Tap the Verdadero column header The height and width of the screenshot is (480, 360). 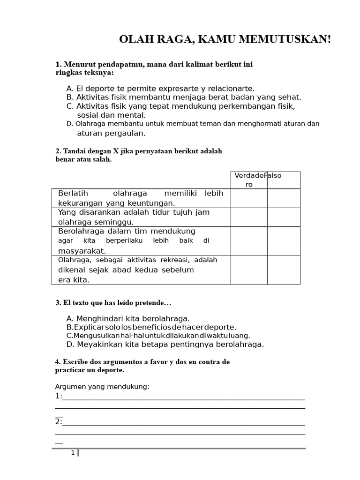pos(249,180)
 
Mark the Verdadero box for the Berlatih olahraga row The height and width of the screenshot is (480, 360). pos(249,198)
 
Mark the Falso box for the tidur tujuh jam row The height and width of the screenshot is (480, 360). pos(284,217)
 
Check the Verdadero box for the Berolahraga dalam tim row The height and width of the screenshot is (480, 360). pos(249,241)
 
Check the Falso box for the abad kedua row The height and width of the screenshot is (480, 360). pos(284,270)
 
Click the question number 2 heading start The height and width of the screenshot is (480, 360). pos(58,151)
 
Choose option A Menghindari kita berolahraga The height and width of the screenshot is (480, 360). pos(128,318)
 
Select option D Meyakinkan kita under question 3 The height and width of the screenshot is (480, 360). pos(165,344)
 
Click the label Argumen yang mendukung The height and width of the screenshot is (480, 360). pos(102,386)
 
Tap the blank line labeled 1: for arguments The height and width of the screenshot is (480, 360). pos(183,397)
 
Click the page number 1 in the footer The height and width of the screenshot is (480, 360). pos(73,453)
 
